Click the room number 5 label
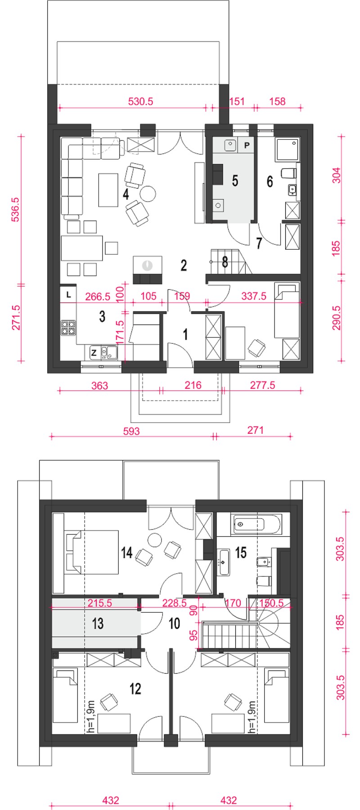pos(235,180)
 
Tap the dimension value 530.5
pos(141,101)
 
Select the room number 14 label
pos(127,552)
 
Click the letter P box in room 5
pos(247,145)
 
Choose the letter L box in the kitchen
pos(68,295)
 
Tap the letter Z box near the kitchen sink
pos(94,353)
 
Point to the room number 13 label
pos(98,623)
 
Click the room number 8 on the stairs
pos(225,262)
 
